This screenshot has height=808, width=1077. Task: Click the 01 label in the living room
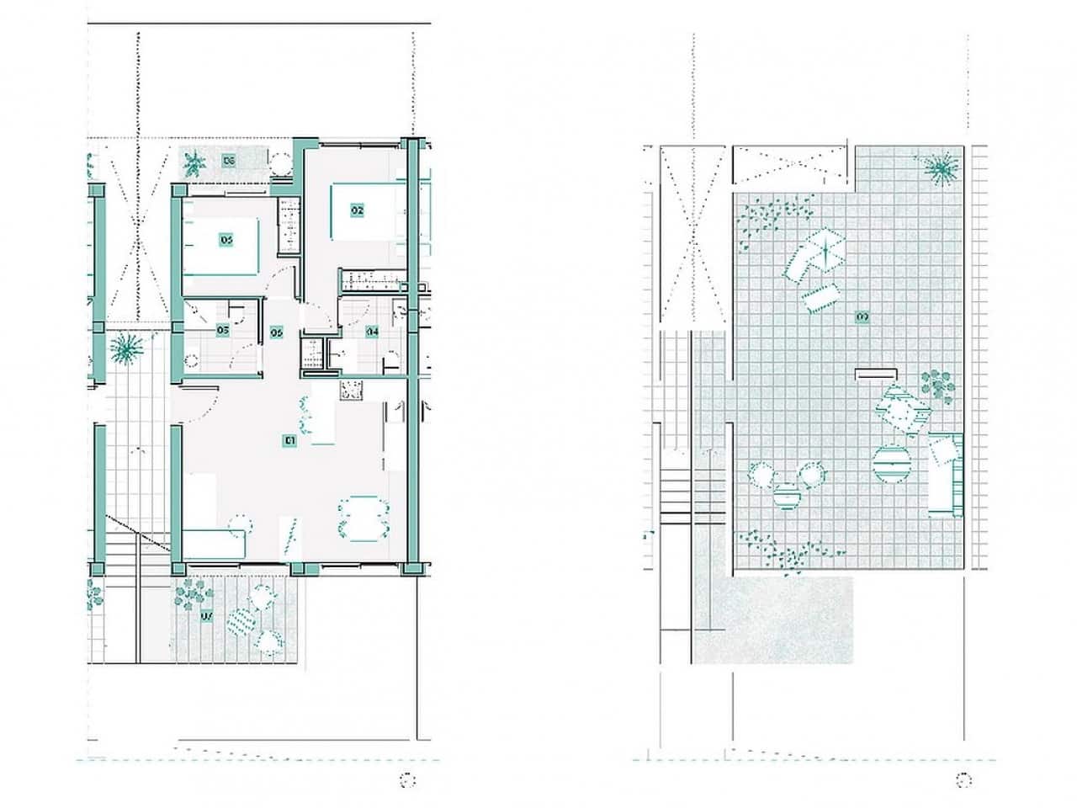289,439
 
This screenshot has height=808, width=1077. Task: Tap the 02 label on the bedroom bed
357,210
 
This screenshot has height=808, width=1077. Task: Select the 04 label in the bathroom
372,332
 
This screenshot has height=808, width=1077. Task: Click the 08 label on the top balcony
228,159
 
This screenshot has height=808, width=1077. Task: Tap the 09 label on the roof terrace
862,316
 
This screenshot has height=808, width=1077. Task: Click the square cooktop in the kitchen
351,390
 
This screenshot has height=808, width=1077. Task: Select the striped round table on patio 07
245,622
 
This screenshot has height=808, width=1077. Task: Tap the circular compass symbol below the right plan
966,780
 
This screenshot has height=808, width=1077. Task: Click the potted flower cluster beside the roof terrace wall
937,385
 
